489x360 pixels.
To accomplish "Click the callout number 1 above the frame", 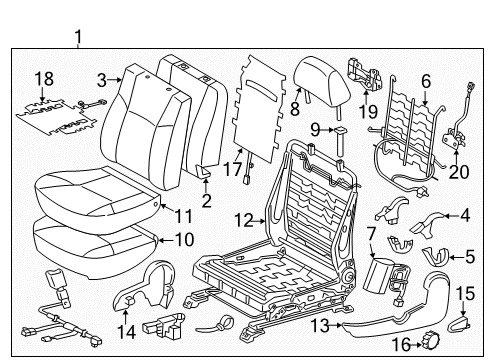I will click(x=79, y=38).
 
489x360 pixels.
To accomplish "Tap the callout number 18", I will click(x=43, y=79).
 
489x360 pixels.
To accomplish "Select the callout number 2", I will click(x=207, y=201).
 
